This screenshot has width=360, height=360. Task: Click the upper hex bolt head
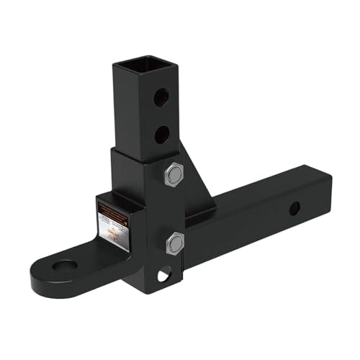(174, 176)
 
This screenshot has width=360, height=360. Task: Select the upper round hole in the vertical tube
(164, 95)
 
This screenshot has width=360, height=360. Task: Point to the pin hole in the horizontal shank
(293, 210)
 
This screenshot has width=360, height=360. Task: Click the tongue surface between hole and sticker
(97, 252)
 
